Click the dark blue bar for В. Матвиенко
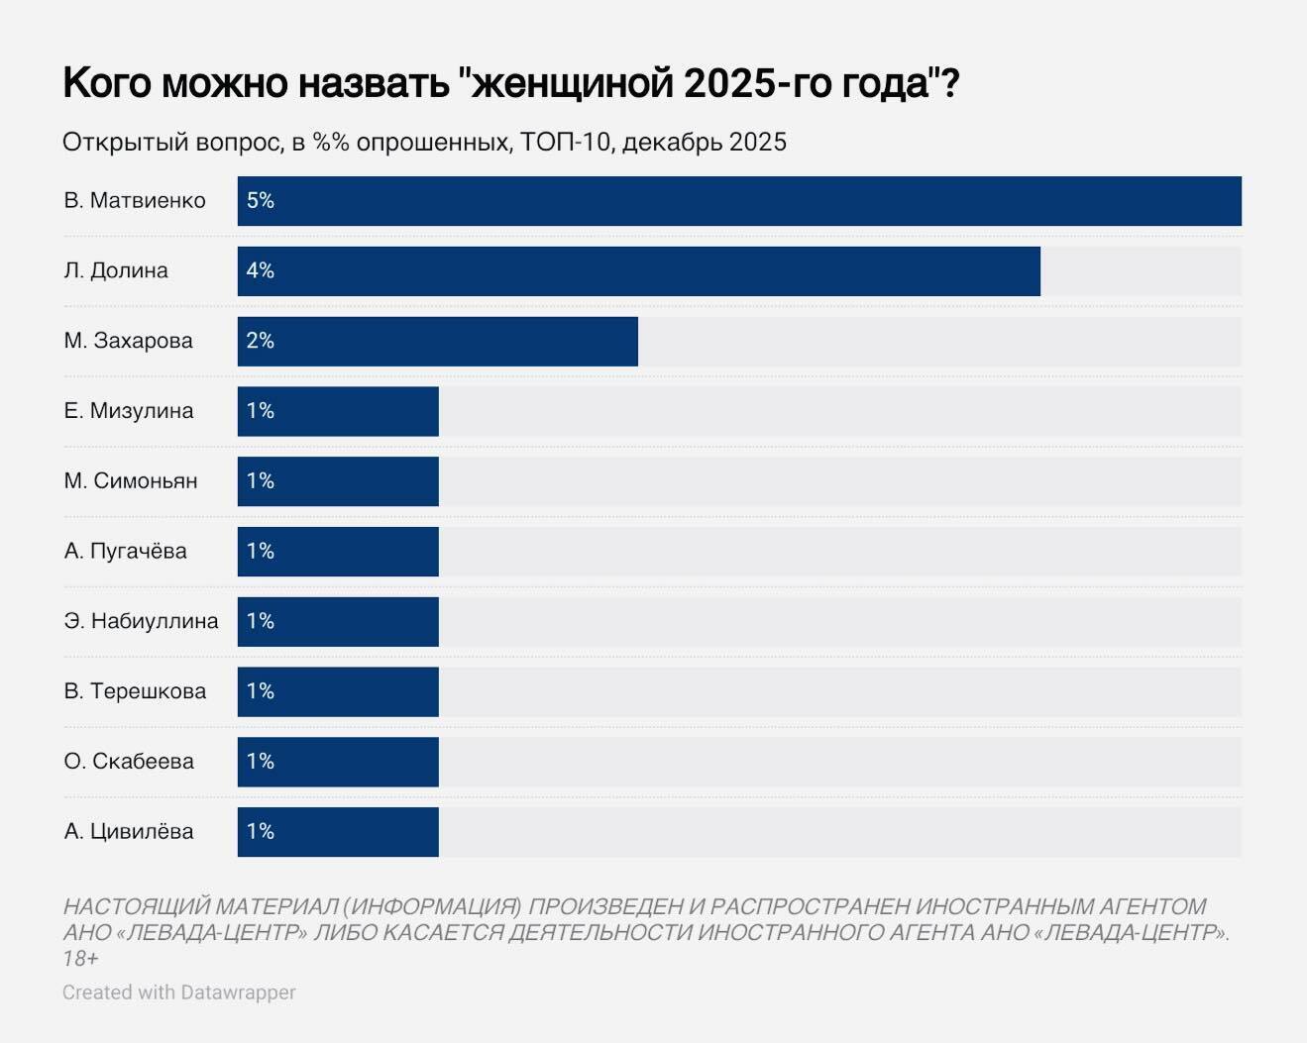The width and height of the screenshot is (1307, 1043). point(738,201)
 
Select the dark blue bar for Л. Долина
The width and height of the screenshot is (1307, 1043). point(639,271)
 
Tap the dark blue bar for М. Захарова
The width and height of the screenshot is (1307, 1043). point(437,342)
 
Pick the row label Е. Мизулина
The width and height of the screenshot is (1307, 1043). point(129,411)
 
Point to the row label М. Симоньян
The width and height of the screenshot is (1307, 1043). point(131,481)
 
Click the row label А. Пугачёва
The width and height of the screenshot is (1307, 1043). point(126,552)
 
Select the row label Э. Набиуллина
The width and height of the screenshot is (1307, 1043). point(141,621)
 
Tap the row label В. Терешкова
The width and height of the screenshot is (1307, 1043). point(135,691)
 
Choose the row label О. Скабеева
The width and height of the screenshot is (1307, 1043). point(129,762)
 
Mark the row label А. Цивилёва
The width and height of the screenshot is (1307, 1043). point(129,832)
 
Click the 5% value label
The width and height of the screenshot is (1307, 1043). point(261,201)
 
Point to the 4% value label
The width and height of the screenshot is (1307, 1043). point(261,271)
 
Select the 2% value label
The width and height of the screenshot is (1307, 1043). point(261,342)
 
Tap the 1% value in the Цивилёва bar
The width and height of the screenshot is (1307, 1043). point(261,832)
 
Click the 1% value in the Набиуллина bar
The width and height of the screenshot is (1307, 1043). point(261,621)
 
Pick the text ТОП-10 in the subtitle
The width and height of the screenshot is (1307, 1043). point(565,143)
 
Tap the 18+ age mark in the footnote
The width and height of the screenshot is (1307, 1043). point(80,959)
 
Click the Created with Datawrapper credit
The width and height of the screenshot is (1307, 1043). point(179,992)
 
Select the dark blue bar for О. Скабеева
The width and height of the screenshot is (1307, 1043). point(338,762)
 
